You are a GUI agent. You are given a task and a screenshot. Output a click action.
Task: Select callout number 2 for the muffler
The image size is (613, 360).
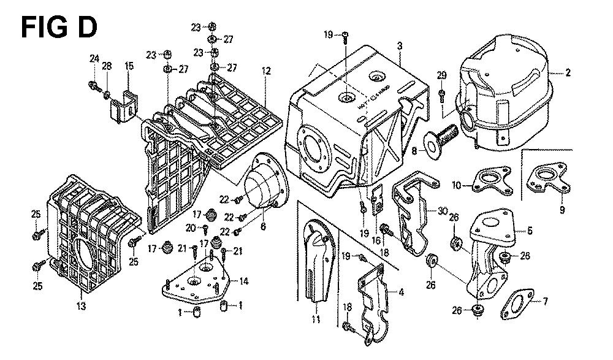coord(568,73)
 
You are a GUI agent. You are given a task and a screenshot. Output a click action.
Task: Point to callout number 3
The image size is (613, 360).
coord(399,45)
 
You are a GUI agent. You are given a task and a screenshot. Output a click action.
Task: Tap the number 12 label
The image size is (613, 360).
coord(265,71)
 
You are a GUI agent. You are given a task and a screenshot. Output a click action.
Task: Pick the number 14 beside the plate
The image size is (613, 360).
coord(244,281)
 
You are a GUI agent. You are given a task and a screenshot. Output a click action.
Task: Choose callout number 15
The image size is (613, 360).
coord(129,66)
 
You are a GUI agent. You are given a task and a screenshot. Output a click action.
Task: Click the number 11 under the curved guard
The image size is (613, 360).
coord(316,320)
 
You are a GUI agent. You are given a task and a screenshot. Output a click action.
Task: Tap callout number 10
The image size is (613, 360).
coord(456,184)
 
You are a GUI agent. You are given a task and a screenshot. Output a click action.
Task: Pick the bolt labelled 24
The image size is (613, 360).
coord(94,85)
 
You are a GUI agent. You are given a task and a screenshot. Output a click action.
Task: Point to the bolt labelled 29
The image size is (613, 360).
coord(442,93)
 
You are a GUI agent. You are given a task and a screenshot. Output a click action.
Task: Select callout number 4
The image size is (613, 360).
coord(401,292)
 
